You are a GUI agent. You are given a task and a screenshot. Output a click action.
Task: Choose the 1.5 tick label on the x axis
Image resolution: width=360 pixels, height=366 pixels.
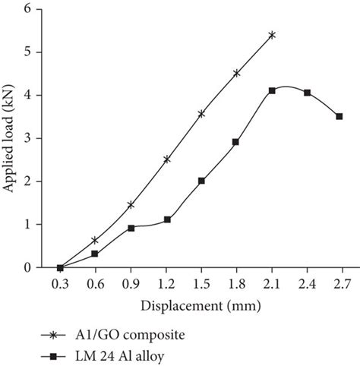pos(201,284)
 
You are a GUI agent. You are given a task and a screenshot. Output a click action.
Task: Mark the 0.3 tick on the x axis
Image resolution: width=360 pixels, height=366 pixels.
pos(60,284)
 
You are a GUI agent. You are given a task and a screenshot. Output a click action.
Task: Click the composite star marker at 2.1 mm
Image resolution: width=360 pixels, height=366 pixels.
pos(271,35)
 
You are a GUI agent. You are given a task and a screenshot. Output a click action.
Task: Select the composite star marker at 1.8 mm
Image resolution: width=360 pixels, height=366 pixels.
pos(236,73)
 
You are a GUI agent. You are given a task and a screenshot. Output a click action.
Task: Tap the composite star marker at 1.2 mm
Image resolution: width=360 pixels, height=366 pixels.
pos(166,159)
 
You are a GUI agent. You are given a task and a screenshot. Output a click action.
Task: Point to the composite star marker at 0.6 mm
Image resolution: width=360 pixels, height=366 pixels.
pos(95,240)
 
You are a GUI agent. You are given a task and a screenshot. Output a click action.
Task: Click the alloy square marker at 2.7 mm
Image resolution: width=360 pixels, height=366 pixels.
pos(339,116)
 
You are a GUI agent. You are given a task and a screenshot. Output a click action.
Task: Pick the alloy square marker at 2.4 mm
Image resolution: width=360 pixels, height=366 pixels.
pos(307,93)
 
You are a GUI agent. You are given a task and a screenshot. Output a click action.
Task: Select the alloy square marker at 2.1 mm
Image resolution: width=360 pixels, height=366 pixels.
pos(271,90)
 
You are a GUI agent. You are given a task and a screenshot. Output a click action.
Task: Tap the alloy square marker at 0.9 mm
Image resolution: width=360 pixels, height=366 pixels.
pos(131,228)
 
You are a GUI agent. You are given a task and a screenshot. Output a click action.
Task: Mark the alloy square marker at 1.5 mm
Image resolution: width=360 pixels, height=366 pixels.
pos(201,181)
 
